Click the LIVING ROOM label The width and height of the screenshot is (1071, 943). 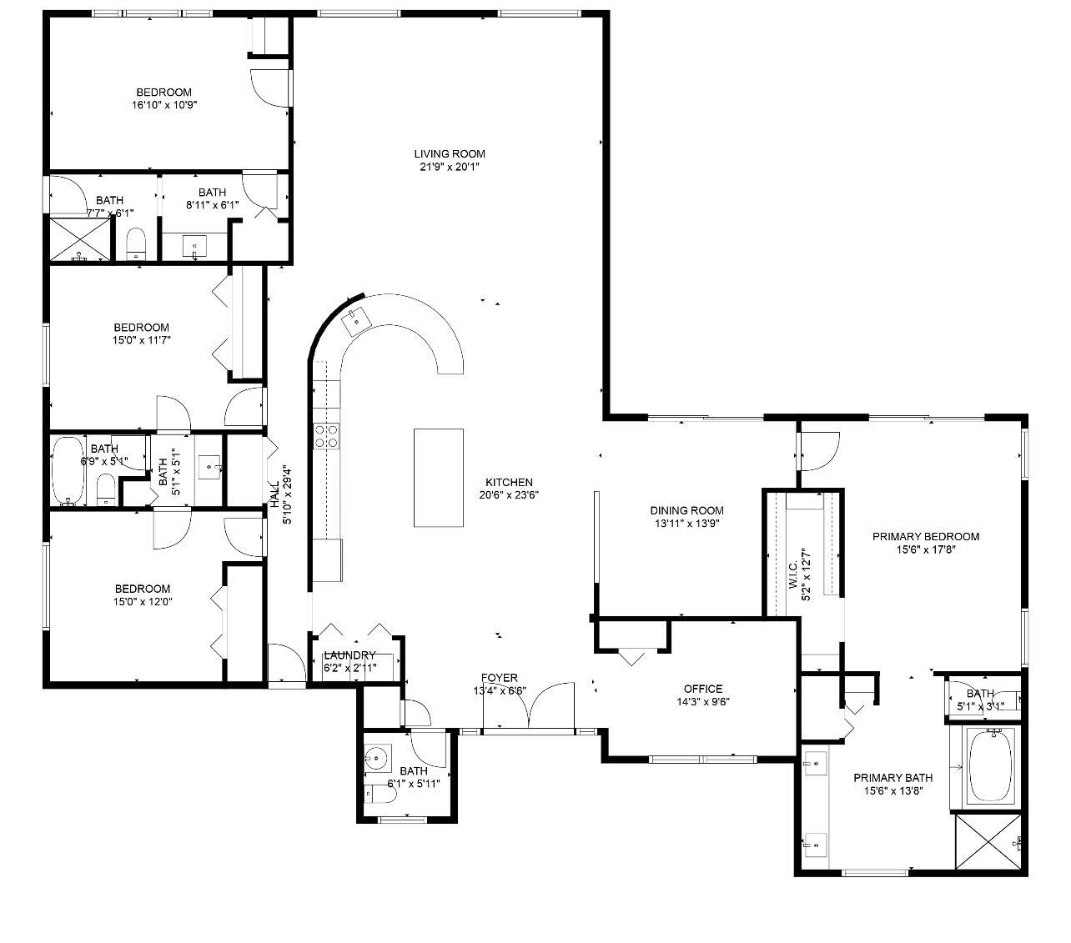pyautogui.click(x=450, y=153)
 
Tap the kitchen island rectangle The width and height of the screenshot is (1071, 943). pyautogui.click(x=439, y=478)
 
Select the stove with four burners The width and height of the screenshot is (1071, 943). pyautogui.click(x=326, y=436)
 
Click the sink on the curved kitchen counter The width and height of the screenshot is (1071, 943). pyautogui.click(x=356, y=319)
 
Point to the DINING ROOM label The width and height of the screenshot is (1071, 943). pyautogui.click(x=686, y=510)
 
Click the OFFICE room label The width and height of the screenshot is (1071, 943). pyautogui.click(x=703, y=689)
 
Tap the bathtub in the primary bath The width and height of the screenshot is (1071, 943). pyautogui.click(x=991, y=766)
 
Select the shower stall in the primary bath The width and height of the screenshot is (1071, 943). pyautogui.click(x=988, y=843)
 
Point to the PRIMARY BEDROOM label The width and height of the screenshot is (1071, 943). pyautogui.click(x=926, y=536)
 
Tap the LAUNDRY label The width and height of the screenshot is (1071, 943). pyautogui.click(x=349, y=655)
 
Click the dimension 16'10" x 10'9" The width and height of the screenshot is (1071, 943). pyautogui.click(x=164, y=105)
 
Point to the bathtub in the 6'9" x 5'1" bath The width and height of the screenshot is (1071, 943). pyautogui.click(x=68, y=472)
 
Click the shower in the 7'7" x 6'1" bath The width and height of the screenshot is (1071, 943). pyautogui.click(x=80, y=240)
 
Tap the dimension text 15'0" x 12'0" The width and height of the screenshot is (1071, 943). pyautogui.click(x=143, y=601)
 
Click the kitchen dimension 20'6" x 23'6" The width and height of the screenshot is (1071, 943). pyautogui.click(x=509, y=494)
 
